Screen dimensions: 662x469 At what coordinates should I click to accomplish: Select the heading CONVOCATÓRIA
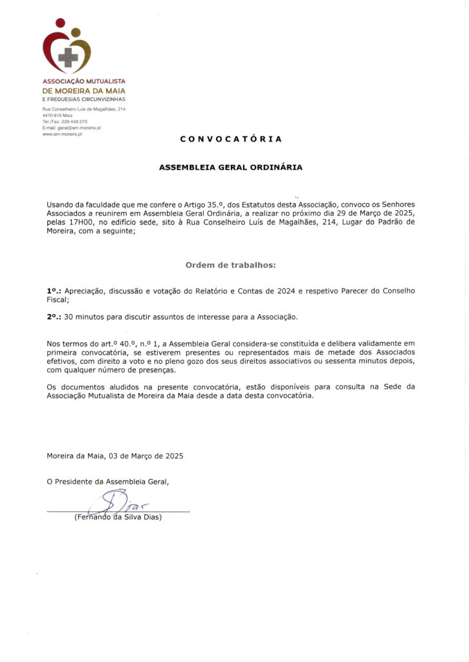tap(231, 139)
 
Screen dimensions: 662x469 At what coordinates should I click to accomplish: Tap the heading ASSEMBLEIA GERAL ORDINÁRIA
tap(231, 167)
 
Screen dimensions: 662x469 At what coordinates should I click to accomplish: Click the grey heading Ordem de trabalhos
tap(230, 265)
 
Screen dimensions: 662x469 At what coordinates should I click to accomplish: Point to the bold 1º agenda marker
tap(53, 291)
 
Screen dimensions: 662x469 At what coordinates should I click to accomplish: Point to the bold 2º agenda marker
tap(53, 317)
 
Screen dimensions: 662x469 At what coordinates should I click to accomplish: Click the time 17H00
tap(79, 222)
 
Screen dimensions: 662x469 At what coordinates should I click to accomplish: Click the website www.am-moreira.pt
tap(62, 134)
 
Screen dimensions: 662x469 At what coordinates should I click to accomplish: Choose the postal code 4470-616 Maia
tap(57, 116)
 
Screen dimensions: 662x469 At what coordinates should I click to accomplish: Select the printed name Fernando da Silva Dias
tap(118, 517)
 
